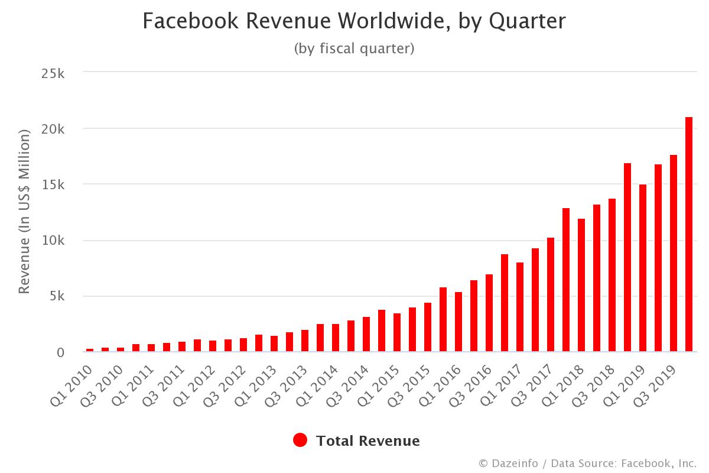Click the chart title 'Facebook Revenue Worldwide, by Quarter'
click(x=354, y=22)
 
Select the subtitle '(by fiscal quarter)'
click(x=354, y=48)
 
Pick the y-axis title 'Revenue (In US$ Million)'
click(x=24, y=212)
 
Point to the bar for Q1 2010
click(x=90, y=350)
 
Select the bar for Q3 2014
click(x=366, y=334)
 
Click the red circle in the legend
click(x=300, y=440)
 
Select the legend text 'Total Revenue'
click(x=367, y=440)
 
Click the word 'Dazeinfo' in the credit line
click(x=515, y=463)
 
